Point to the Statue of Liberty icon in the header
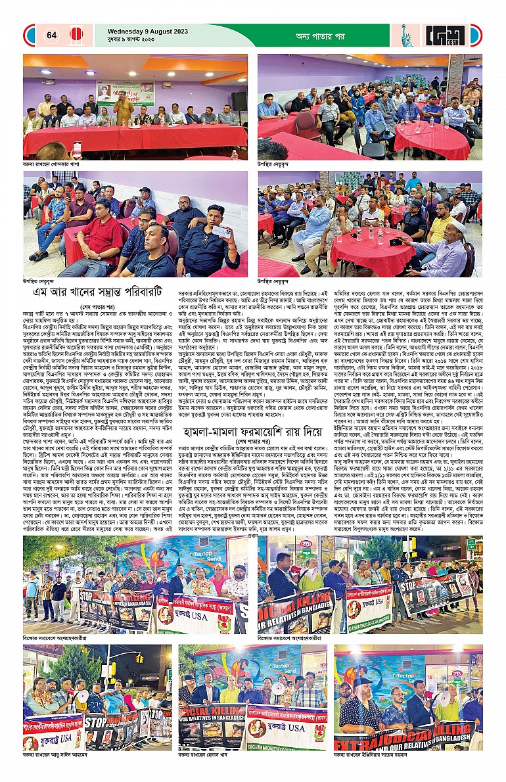pyautogui.click(x=407, y=35)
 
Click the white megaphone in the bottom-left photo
pyautogui.click(x=82, y=697)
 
